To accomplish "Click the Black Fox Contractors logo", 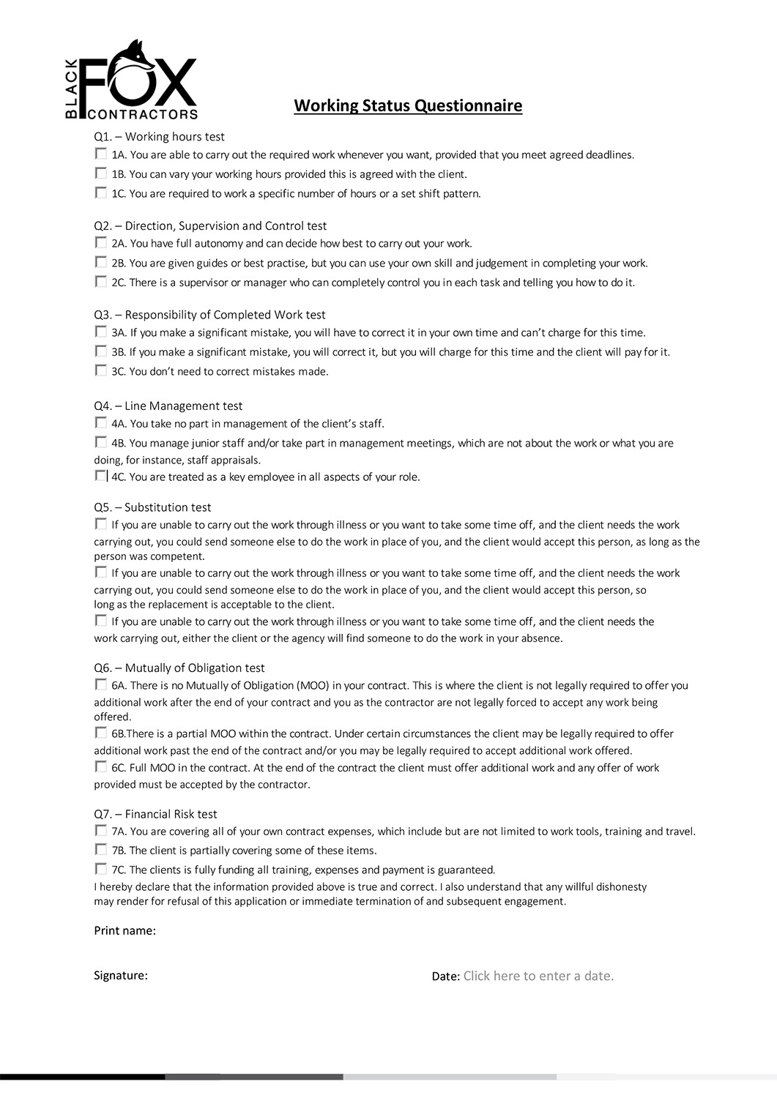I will point(131,81).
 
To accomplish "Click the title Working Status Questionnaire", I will point(408,106).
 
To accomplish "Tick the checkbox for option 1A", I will point(100,154).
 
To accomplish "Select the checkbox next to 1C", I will point(100,193).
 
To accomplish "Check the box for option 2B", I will point(100,263).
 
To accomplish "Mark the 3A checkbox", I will point(100,332).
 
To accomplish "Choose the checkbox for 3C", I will point(100,371).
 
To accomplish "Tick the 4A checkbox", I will point(100,423).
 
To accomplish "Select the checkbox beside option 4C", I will point(100,477).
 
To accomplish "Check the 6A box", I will point(100,685).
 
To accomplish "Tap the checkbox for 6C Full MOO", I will point(100,767).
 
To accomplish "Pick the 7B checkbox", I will point(100,850).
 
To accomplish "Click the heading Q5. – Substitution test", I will point(152,507).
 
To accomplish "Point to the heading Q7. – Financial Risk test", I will point(155,814).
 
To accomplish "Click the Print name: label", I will point(124,931).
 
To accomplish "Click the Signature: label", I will point(121,975).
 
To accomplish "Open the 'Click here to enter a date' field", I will point(538,976).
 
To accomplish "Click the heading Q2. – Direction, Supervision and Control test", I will point(210,226).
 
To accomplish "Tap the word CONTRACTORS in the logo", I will point(142,114).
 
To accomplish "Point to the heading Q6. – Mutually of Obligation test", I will point(179,668).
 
